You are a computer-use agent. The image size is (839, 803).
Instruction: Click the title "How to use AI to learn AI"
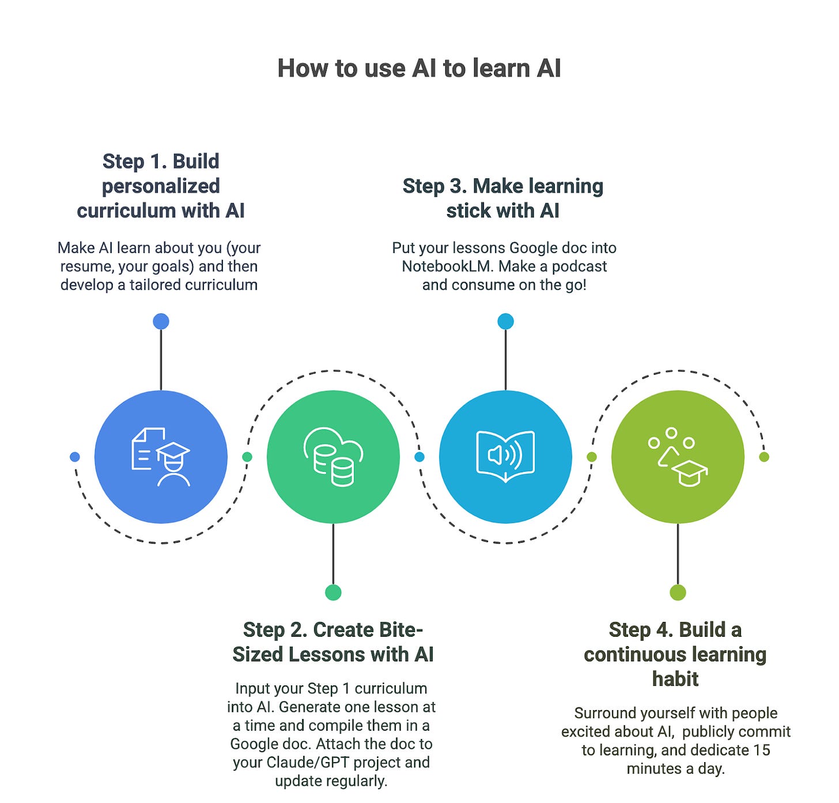point(419,68)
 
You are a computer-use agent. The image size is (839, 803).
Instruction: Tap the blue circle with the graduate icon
point(161,457)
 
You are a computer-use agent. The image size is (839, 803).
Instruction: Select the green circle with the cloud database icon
point(333,457)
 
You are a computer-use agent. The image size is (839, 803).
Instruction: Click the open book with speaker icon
point(505,457)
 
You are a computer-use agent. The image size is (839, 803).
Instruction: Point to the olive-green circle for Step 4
point(678,457)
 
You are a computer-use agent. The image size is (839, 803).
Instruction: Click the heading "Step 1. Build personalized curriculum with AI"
point(161,186)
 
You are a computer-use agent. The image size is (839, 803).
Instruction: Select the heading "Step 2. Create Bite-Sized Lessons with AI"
point(333,642)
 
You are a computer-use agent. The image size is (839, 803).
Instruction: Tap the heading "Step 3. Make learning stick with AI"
point(503,198)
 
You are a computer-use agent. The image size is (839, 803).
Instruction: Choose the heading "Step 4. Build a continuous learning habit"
point(675,654)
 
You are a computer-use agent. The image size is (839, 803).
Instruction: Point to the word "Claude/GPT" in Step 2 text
point(300,763)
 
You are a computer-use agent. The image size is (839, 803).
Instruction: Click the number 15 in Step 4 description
point(761,750)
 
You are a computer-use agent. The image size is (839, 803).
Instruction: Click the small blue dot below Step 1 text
point(161,321)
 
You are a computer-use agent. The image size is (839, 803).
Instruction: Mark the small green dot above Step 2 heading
point(333,592)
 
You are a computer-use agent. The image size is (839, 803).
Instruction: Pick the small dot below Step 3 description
point(505,321)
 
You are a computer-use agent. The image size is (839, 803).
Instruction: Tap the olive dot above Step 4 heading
point(678,592)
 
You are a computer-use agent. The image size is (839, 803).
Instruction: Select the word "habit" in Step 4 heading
point(675,679)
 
